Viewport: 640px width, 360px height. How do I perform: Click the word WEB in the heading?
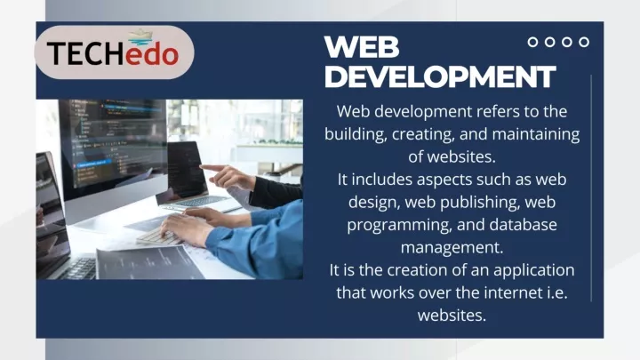click(x=362, y=46)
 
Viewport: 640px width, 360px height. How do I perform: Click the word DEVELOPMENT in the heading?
click(x=440, y=76)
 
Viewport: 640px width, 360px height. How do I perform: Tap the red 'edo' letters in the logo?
click(x=152, y=54)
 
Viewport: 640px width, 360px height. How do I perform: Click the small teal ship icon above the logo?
click(x=140, y=37)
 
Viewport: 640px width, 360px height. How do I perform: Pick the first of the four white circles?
click(x=532, y=42)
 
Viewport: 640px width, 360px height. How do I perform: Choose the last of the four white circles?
click(x=584, y=42)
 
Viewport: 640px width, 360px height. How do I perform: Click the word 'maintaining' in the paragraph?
click(x=536, y=134)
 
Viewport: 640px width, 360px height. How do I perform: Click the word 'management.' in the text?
click(x=452, y=248)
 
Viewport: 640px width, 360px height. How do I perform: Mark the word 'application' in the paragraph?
click(x=534, y=270)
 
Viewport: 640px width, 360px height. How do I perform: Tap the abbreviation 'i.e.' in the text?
click(x=557, y=292)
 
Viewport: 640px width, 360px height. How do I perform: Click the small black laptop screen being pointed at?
click(x=187, y=170)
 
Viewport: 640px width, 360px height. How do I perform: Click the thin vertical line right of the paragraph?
click(x=591, y=188)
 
